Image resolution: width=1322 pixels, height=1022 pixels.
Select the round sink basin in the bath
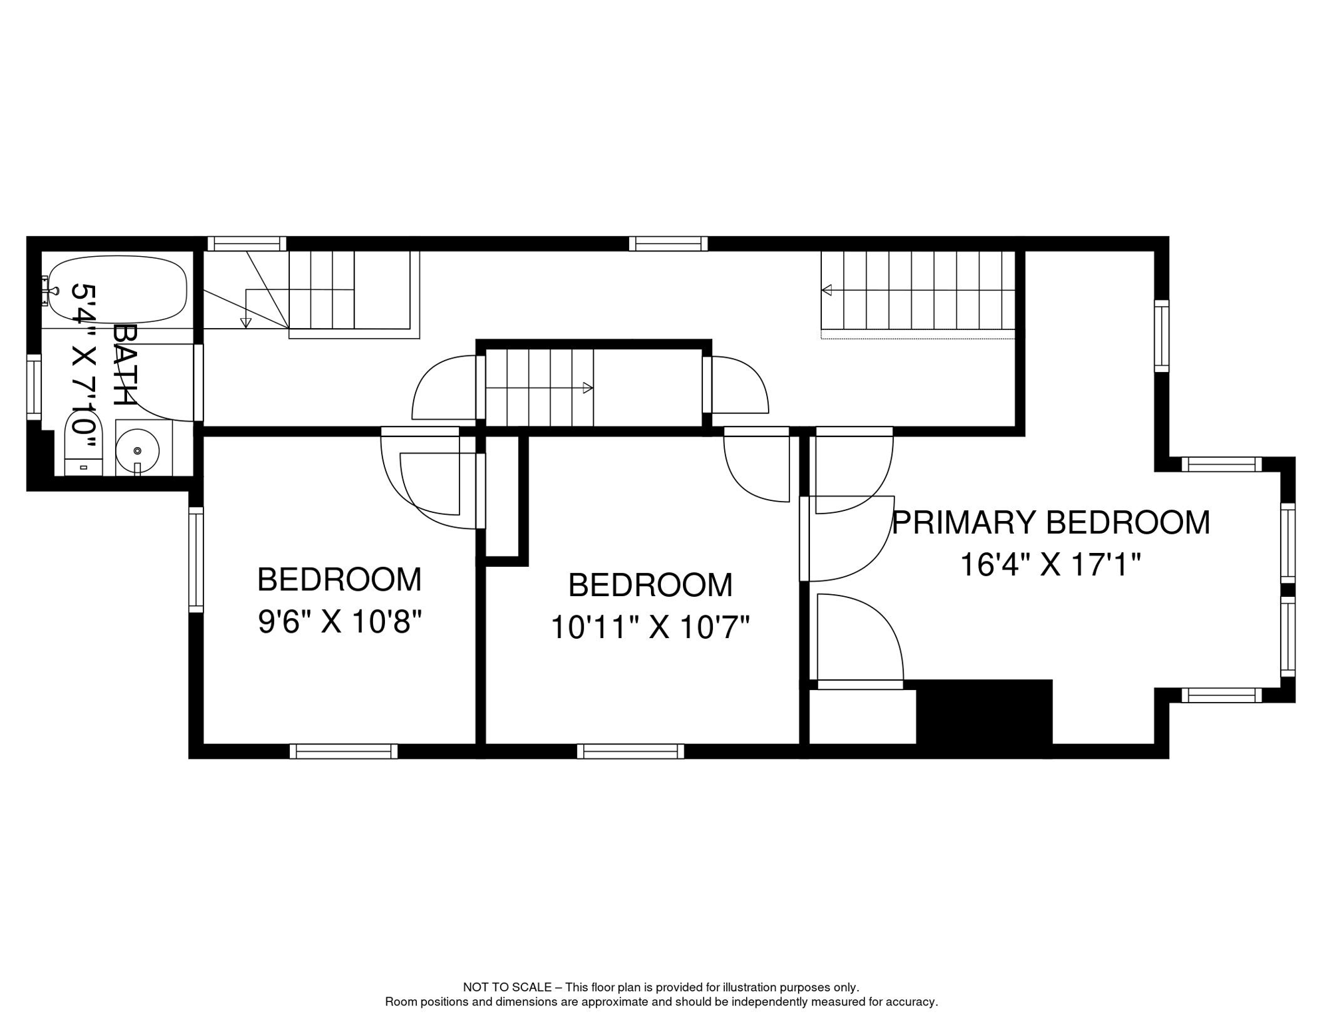click(137, 450)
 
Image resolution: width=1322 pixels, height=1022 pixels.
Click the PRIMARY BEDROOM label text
click(1050, 522)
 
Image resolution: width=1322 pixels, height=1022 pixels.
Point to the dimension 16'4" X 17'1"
click(1050, 565)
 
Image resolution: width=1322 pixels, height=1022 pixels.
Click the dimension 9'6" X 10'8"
click(340, 623)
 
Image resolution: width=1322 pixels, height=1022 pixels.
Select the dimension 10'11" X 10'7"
click(650, 627)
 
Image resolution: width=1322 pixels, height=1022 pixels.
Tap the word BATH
click(124, 365)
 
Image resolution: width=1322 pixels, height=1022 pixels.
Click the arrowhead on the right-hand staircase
click(827, 290)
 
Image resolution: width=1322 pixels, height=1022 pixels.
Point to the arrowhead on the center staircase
click(587, 388)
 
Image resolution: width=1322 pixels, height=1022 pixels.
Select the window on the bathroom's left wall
click(33, 387)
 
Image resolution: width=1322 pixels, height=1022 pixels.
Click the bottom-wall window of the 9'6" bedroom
click(343, 751)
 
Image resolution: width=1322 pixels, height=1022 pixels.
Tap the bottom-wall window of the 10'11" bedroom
click(630, 751)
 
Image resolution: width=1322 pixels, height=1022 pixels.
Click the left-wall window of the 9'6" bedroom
click(196, 560)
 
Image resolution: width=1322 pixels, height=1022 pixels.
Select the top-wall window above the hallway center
click(668, 244)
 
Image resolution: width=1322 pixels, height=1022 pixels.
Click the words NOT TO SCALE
click(507, 987)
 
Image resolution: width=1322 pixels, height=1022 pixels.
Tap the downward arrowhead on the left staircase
click(246, 323)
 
